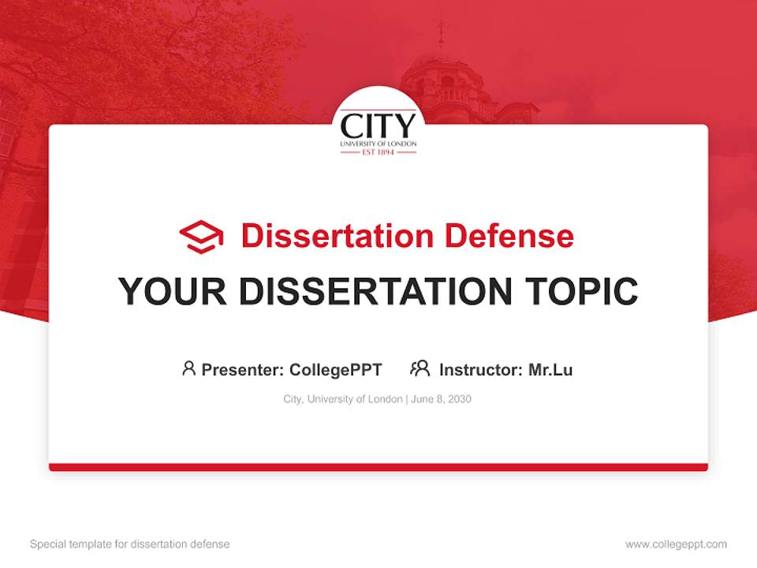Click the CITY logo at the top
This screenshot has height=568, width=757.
pos(378,126)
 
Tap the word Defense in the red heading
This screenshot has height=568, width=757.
pos(509,236)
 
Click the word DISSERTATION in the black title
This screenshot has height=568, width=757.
pos(375,292)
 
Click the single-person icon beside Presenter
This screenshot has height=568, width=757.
pos(188,368)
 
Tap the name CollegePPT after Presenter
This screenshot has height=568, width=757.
pos(335,369)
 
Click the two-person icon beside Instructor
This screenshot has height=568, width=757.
pos(420,368)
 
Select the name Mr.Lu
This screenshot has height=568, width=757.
pos(550,369)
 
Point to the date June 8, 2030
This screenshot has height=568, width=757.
pos(442,399)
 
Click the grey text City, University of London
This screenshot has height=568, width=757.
pos(342,399)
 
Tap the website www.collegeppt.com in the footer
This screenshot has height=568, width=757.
pos(676,544)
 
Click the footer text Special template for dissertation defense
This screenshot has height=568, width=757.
pos(129,544)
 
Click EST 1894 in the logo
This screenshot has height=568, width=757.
pos(378,151)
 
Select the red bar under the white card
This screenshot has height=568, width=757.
pos(378,467)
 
